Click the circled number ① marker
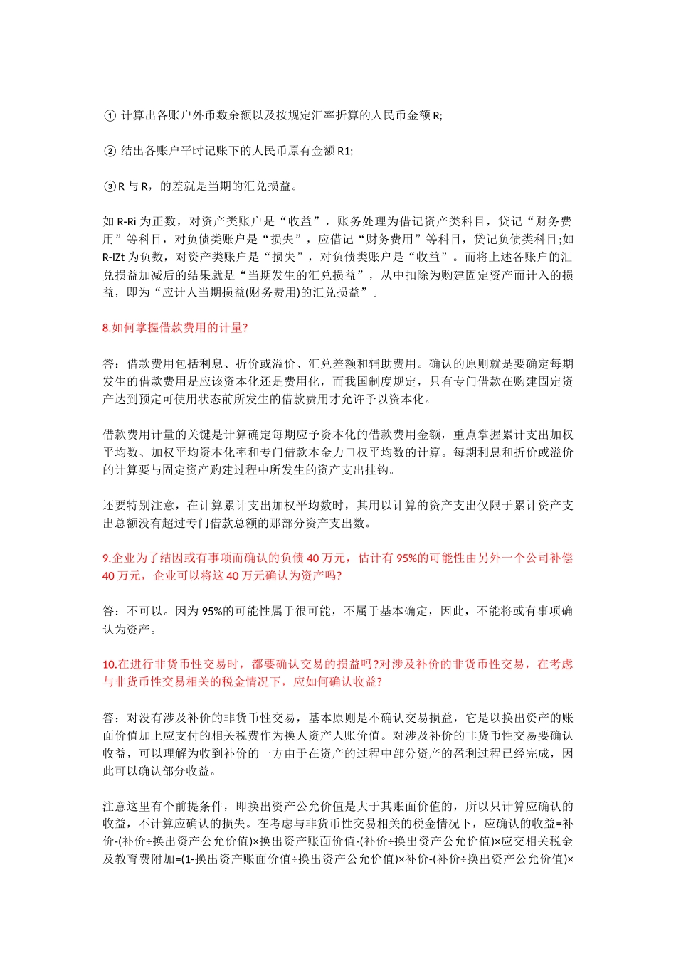[x=110, y=115]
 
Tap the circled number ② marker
[x=110, y=151]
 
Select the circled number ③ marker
[x=110, y=186]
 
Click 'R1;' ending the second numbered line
[x=345, y=151]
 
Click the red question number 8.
[x=107, y=328]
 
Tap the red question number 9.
[x=107, y=558]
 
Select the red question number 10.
[x=110, y=664]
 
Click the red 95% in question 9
[x=407, y=558]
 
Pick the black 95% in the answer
[x=213, y=612]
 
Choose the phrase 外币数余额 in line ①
[x=206, y=115]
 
